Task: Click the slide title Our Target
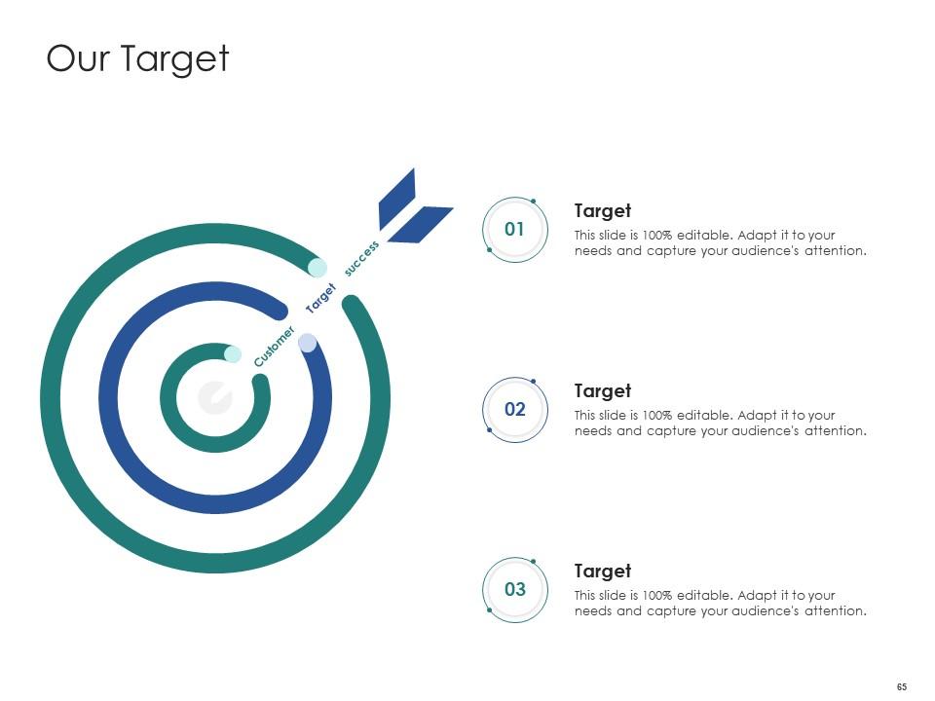click(137, 58)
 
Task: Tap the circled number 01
click(514, 230)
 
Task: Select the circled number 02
click(514, 410)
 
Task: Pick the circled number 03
click(514, 590)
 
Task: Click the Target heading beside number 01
click(602, 211)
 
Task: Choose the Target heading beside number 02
click(602, 391)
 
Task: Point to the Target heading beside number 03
click(602, 572)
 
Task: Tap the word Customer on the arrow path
click(274, 348)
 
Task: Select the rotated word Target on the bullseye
click(320, 297)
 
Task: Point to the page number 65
click(901, 687)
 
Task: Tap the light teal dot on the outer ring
click(317, 267)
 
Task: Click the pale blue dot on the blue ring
click(307, 343)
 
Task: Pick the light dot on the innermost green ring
click(233, 354)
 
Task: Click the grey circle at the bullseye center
click(214, 397)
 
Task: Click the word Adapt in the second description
click(757, 416)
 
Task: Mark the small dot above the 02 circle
click(534, 381)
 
